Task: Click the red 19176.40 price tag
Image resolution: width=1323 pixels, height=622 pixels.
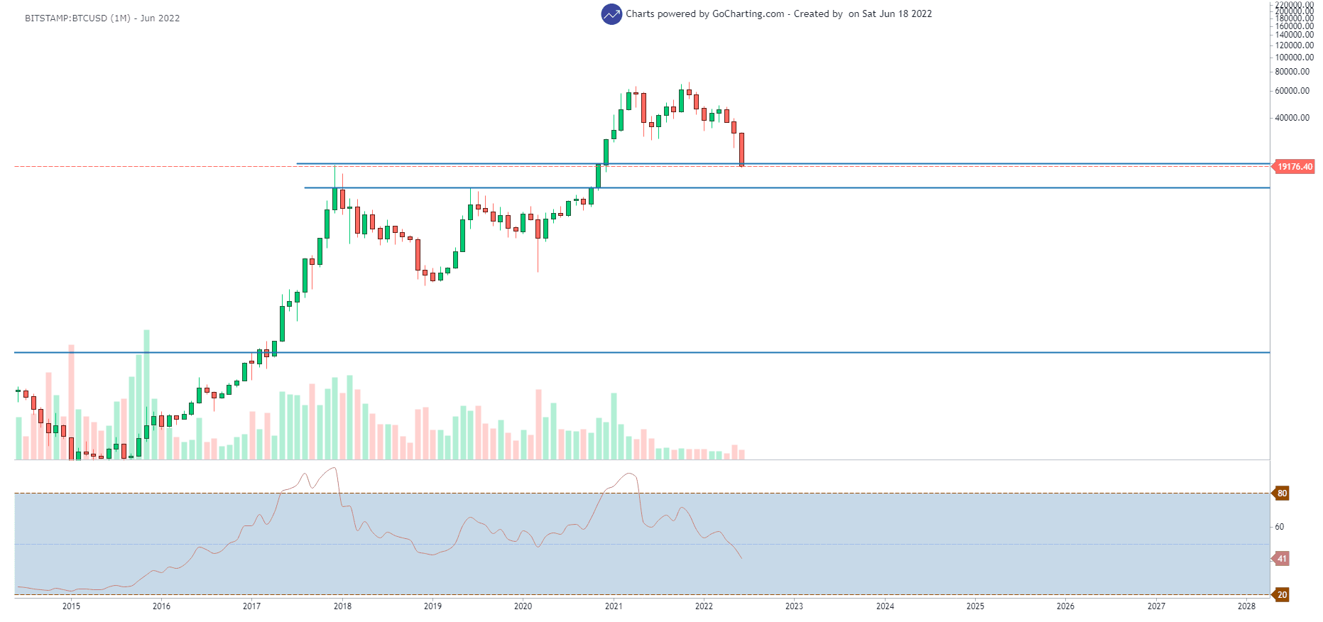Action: pyautogui.click(x=1295, y=167)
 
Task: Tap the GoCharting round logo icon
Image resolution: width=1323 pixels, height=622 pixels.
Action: pyautogui.click(x=611, y=14)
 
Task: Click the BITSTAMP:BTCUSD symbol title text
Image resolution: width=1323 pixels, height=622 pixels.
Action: pyautogui.click(x=102, y=18)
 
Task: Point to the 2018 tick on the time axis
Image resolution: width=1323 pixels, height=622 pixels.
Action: pyautogui.click(x=342, y=606)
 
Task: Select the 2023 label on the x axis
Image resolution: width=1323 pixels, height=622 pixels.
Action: pyautogui.click(x=794, y=606)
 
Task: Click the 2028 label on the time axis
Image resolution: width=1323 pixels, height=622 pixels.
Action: pyautogui.click(x=1246, y=606)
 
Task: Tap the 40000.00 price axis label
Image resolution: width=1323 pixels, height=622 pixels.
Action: pyautogui.click(x=1292, y=118)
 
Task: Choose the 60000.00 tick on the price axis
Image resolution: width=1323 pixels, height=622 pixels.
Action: pyautogui.click(x=1292, y=91)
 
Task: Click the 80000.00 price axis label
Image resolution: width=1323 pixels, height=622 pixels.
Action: pyautogui.click(x=1292, y=72)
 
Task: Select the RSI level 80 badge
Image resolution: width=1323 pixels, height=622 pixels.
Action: pyautogui.click(x=1282, y=493)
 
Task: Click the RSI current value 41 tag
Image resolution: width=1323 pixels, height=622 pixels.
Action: pyautogui.click(x=1282, y=559)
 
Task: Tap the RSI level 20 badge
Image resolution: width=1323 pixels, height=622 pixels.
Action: pyautogui.click(x=1282, y=595)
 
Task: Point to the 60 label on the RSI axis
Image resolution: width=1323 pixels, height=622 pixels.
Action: pyautogui.click(x=1280, y=527)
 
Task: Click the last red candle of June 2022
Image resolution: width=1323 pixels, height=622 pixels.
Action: pyautogui.click(x=741, y=149)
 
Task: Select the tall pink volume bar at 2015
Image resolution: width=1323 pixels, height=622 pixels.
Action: pyautogui.click(x=71, y=401)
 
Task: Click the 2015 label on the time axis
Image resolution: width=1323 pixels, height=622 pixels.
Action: pyautogui.click(x=71, y=606)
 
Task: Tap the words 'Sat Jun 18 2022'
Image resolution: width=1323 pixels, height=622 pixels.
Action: pyautogui.click(x=897, y=14)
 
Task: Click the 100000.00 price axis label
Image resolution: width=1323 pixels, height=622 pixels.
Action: pyautogui.click(x=1294, y=58)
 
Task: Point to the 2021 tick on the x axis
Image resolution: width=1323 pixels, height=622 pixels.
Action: pyautogui.click(x=614, y=606)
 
